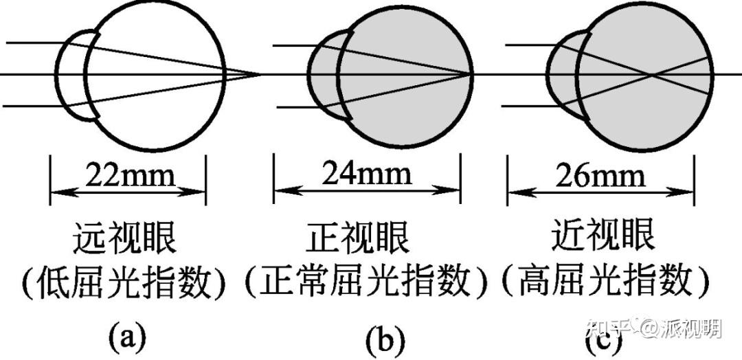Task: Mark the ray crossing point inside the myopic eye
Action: click(652, 74)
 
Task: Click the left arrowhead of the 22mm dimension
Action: click(55, 189)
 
